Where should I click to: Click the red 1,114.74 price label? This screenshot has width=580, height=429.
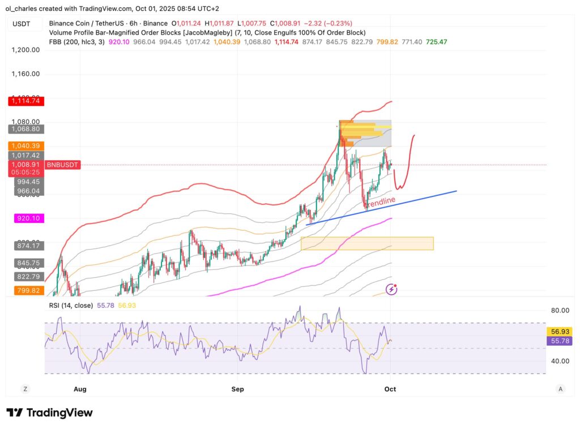pyautogui.click(x=25, y=101)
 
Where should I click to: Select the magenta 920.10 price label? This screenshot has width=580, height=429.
pyautogui.click(x=25, y=218)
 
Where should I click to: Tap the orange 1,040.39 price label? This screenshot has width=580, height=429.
pyautogui.click(x=25, y=146)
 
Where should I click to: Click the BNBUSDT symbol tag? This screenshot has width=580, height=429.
pyautogui.click(x=62, y=165)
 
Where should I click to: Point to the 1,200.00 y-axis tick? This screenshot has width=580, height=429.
pyautogui.click(x=25, y=50)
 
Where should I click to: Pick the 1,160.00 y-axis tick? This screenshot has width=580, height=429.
pyautogui.click(x=25, y=74)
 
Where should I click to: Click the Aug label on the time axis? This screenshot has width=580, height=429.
pyautogui.click(x=80, y=389)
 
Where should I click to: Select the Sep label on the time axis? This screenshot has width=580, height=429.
pyautogui.click(x=238, y=389)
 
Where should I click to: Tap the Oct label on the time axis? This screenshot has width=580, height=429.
pyautogui.click(x=390, y=389)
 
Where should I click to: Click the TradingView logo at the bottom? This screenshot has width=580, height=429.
pyautogui.click(x=49, y=413)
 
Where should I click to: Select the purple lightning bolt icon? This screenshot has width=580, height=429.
pyautogui.click(x=391, y=290)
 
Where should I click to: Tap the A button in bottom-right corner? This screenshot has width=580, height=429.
pyautogui.click(x=560, y=389)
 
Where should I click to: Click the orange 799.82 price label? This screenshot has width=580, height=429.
pyautogui.click(x=25, y=290)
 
